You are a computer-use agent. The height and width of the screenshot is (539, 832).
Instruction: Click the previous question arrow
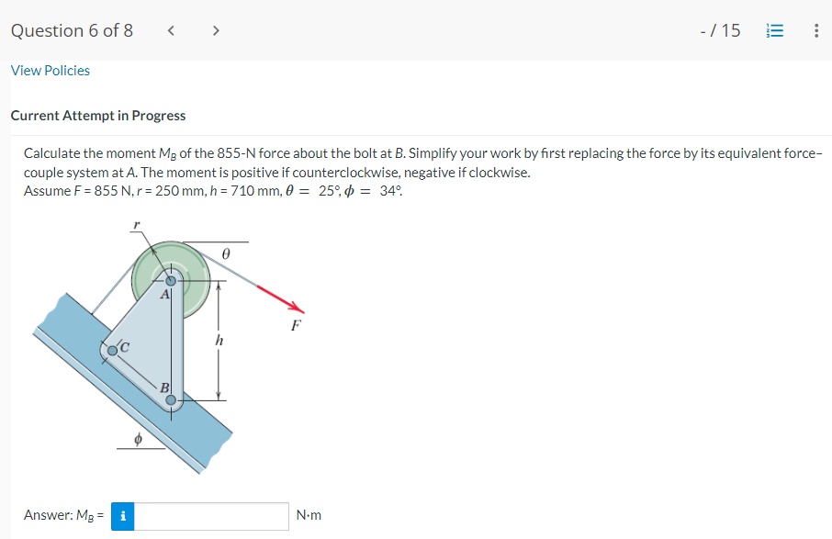pos(171,30)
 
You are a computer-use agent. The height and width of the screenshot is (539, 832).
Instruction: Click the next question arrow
pos(216,30)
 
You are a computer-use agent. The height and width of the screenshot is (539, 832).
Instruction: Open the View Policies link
pos(51,71)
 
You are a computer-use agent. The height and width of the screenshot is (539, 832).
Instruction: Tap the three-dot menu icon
pos(815,30)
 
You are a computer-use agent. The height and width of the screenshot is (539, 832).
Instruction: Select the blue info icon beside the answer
pos(122,516)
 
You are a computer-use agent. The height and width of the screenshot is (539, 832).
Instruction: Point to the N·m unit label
pos(309,516)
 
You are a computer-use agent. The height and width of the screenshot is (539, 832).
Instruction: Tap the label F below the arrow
pos(295,326)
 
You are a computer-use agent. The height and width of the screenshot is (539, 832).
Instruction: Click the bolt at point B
pos(171,399)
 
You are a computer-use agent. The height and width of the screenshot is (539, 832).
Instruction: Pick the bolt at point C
pos(113,350)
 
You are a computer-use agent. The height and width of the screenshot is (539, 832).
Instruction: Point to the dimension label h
pos(218,340)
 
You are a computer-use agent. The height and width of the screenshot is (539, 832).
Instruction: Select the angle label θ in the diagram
pos(225,250)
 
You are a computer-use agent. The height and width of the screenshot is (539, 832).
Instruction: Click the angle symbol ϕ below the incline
pos(139,440)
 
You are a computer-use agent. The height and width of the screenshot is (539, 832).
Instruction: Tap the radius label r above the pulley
pos(136,223)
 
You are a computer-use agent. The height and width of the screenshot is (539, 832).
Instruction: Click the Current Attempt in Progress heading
pos(98,116)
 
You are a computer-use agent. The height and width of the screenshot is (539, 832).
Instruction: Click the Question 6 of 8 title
pos(72,30)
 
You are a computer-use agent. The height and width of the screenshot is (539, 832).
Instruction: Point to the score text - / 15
pos(720,30)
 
